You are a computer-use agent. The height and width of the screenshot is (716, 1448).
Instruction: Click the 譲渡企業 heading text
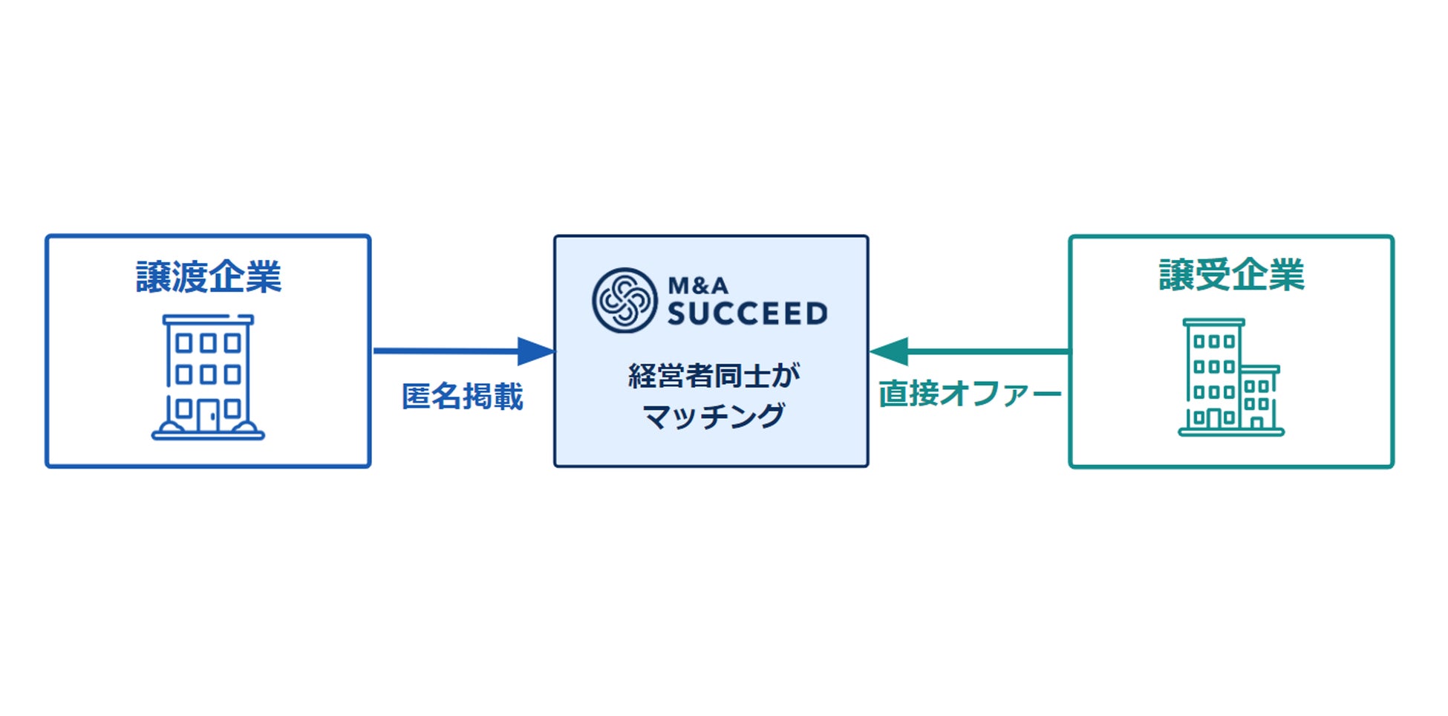(209, 277)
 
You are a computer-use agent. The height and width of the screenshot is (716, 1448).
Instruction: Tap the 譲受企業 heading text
(1231, 275)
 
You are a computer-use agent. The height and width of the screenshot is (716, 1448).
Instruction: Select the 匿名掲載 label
(462, 397)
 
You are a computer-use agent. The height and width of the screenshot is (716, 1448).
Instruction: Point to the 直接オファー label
(969, 394)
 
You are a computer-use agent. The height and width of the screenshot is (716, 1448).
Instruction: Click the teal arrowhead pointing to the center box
(890, 351)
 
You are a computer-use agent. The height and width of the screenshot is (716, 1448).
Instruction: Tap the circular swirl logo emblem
(624, 300)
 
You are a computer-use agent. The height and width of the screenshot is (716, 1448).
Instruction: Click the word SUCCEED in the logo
(747, 314)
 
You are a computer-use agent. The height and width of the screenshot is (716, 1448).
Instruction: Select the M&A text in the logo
(698, 285)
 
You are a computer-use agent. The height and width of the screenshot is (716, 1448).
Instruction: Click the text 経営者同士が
(714, 375)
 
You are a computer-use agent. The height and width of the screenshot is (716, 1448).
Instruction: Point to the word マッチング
(714, 416)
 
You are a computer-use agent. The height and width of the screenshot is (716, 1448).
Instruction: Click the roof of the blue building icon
(208, 320)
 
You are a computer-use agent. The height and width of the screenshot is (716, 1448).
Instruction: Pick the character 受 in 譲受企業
(1213, 275)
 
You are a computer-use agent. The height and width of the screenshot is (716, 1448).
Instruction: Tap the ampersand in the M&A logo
(698, 285)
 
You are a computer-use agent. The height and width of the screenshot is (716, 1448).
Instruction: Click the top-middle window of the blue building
(208, 343)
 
